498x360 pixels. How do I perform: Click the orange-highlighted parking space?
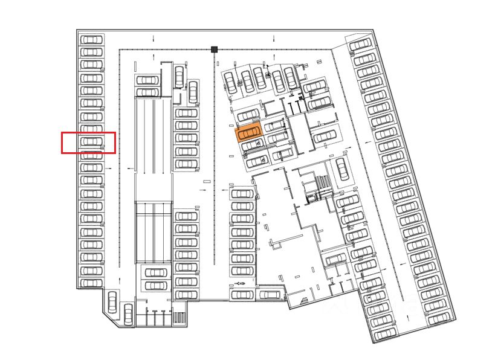248,132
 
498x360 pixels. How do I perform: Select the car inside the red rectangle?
91,142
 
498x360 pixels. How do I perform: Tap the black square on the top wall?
214,50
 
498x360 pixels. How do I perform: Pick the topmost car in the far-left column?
91,39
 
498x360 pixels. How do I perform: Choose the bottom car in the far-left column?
91,283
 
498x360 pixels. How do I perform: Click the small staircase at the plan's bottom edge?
179,318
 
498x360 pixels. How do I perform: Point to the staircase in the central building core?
324,181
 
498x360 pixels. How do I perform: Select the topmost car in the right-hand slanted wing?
360,44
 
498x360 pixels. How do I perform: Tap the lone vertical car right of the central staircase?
342,169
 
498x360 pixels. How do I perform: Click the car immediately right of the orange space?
275,126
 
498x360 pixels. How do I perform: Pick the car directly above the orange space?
248,115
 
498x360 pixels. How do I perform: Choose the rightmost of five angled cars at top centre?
291,77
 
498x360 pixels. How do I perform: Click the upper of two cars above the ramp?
147,80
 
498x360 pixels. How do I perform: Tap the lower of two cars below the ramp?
156,284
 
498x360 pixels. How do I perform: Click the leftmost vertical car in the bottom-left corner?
112,300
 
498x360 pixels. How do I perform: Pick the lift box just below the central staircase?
312,197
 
